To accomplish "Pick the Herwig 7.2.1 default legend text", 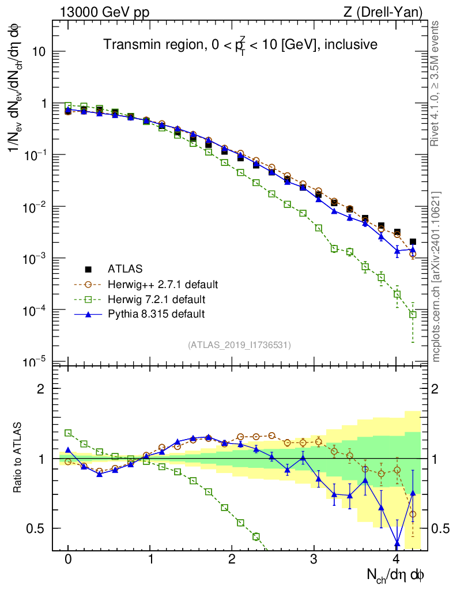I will (156, 299).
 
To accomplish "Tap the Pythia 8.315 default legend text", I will (156, 314).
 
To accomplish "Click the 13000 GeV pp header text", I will (104, 11).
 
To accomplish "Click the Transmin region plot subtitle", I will (240, 45).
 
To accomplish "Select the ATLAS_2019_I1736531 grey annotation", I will (239, 345).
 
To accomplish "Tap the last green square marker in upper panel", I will (413, 315).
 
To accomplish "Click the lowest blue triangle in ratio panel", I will (397, 543).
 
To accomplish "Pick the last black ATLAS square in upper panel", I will (413, 242).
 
